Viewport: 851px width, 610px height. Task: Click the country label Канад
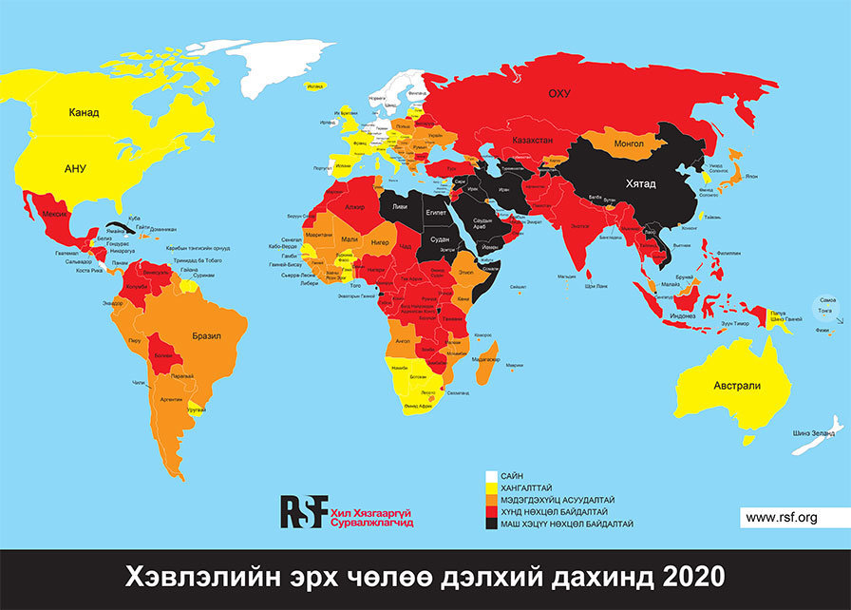84,112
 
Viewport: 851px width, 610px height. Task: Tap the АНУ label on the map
75,168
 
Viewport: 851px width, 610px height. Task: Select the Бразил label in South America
206,336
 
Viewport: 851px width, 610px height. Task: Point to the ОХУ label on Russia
558,93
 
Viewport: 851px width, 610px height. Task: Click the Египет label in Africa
436,214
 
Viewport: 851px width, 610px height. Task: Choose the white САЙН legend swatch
491,475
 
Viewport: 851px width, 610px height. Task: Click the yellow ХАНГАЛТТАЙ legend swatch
491,487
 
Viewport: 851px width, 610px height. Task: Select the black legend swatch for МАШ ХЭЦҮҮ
491,524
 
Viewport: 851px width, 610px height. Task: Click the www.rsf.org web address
781,517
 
